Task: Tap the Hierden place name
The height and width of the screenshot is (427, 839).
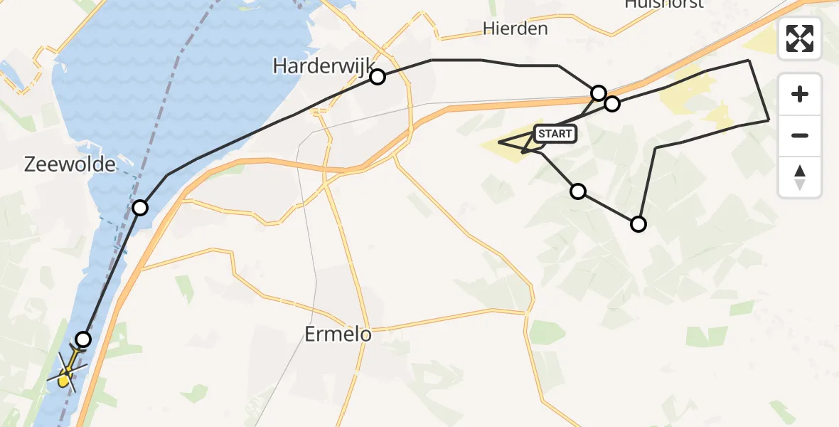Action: tap(515, 28)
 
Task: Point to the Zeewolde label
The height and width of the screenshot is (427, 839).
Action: tap(70, 164)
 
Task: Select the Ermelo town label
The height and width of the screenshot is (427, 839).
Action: tap(338, 334)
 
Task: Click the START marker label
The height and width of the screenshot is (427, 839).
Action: tap(554, 133)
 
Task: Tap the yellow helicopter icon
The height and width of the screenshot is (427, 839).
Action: tap(67, 371)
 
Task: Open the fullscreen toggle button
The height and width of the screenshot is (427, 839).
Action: tap(800, 38)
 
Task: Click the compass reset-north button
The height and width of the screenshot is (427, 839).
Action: tap(800, 177)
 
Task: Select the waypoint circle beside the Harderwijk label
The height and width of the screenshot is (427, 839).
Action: tap(378, 77)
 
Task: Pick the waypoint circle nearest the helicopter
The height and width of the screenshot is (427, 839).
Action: tap(84, 339)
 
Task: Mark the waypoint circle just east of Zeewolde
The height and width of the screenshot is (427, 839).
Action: tap(140, 208)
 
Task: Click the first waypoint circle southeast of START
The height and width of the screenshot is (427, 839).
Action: tap(578, 191)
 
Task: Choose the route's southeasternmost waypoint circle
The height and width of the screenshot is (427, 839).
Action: tap(638, 225)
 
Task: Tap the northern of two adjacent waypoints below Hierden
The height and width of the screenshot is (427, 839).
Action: tap(599, 93)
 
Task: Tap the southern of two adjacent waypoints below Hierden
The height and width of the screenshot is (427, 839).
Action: tap(612, 105)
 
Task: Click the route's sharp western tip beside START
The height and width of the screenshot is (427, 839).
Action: tap(499, 142)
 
